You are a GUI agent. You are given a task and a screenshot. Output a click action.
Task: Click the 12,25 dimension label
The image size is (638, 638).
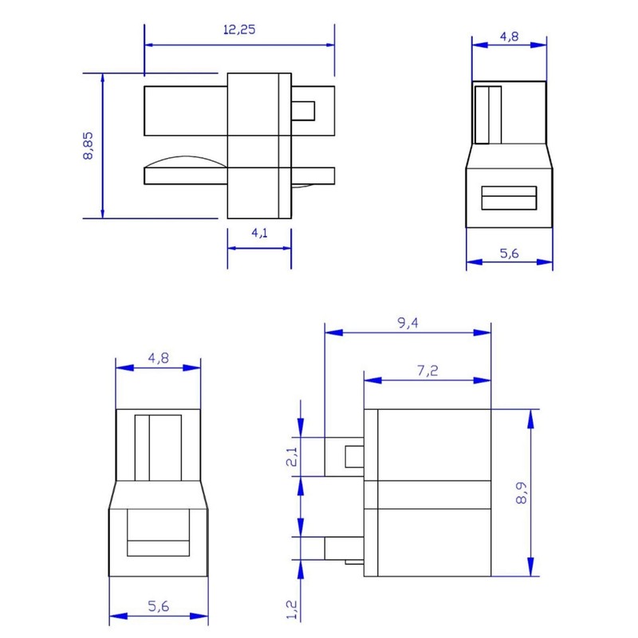click(239, 30)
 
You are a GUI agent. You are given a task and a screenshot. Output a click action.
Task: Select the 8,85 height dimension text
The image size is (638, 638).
click(88, 146)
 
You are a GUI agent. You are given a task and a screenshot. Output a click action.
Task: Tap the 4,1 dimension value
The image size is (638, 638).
click(260, 233)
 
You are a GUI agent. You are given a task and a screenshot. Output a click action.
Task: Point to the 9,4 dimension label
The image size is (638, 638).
click(408, 323)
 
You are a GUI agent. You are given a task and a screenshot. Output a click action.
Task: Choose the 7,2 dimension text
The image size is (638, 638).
click(427, 371)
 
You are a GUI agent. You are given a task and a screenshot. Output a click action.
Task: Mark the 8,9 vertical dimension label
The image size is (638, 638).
click(522, 493)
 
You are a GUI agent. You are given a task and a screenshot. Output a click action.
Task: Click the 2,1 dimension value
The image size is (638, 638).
click(292, 456)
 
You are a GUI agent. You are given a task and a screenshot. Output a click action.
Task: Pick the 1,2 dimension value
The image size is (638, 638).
click(292, 609)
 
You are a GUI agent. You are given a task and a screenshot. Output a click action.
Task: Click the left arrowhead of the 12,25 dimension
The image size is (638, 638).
click(149, 45)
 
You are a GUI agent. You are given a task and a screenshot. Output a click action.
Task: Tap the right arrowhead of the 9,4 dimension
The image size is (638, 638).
click(482, 333)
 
